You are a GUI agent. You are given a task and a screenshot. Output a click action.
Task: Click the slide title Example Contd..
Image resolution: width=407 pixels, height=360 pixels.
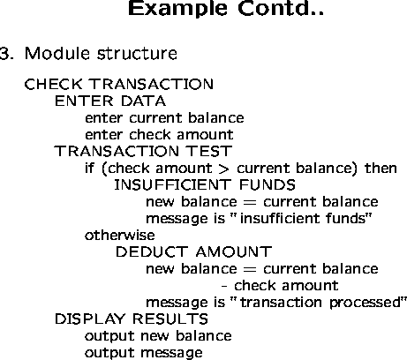[x=226, y=8]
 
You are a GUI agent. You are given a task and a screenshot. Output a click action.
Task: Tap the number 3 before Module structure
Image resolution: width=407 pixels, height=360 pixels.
[x=6, y=54]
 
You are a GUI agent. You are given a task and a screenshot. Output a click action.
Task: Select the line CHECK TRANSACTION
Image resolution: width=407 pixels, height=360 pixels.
[x=119, y=84]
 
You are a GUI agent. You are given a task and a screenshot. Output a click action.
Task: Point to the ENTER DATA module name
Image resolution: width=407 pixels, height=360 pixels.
[x=110, y=101]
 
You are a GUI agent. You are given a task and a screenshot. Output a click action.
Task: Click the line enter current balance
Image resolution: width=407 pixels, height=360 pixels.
[x=164, y=118]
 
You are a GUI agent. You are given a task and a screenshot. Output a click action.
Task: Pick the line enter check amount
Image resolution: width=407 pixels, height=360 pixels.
[x=159, y=135]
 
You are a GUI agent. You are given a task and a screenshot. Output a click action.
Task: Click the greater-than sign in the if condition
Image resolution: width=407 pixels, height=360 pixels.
[x=223, y=169]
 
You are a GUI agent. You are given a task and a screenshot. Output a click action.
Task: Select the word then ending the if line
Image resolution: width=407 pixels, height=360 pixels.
[x=381, y=169]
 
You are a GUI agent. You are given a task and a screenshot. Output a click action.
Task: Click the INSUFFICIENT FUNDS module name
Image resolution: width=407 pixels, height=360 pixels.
[x=205, y=185]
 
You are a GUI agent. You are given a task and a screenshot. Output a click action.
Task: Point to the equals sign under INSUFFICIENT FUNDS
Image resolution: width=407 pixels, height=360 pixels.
[x=250, y=203]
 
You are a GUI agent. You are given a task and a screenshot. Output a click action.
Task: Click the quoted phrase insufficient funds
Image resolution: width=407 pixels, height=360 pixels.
[x=302, y=219]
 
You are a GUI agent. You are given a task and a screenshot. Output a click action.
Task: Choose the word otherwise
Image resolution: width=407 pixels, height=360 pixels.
[x=120, y=236]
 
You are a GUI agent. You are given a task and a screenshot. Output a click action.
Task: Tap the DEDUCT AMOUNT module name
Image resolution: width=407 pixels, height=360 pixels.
[x=193, y=252]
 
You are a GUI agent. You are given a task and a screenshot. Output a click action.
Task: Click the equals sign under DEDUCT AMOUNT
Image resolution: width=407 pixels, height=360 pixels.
[x=250, y=270]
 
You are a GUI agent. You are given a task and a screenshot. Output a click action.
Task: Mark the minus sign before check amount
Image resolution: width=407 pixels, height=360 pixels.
[x=224, y=286]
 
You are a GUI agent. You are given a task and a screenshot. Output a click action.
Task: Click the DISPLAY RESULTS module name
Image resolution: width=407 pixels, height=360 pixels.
[x=132, y=319]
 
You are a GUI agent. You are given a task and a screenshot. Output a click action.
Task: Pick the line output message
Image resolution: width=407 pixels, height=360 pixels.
[x=144, y=353]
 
